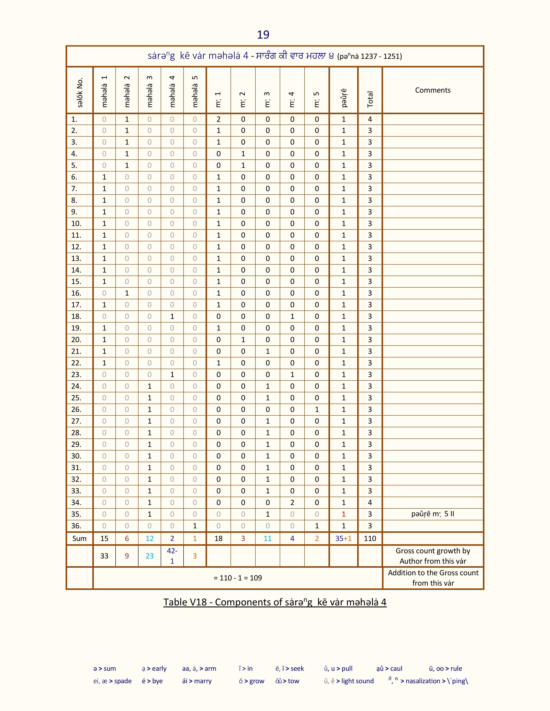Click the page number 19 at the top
point(263,34)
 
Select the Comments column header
point(432,90)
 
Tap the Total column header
point(370,99)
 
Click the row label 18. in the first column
point(76,316)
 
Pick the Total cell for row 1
point(370,119)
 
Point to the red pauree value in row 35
point(343,514)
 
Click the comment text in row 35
point(432,514)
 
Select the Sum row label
point(80,538)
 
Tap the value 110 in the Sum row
point(370,538)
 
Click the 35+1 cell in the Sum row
point(343,538)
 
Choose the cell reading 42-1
point(172,556)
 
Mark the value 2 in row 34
point(292,502)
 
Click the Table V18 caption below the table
point(275,602)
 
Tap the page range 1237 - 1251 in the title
point(380,56)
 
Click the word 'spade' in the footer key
point(123,681)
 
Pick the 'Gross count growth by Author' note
point(433,556)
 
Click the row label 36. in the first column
point(76,526)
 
